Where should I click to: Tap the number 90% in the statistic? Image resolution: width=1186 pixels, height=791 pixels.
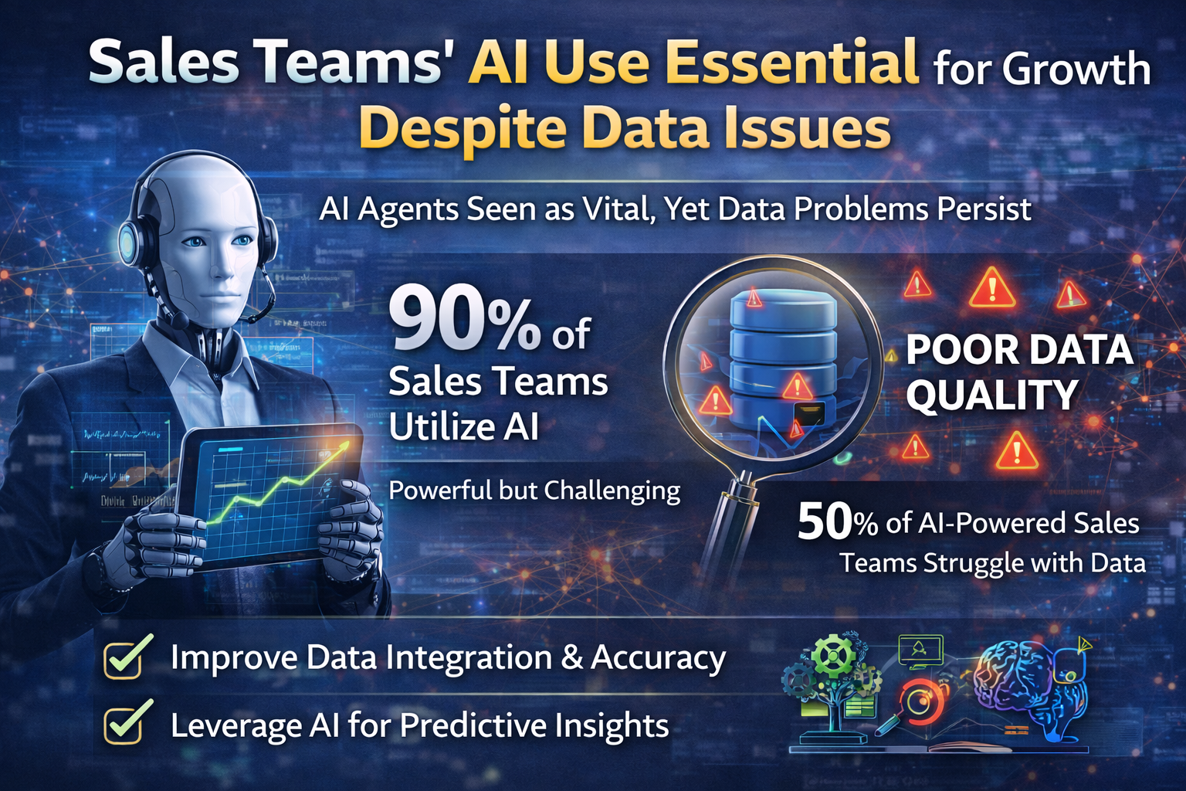(x=464, y=321)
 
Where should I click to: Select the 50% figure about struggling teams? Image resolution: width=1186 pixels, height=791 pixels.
(x=837, y=523)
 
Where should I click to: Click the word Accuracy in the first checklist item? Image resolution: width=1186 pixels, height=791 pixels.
(x=658, y=659)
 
